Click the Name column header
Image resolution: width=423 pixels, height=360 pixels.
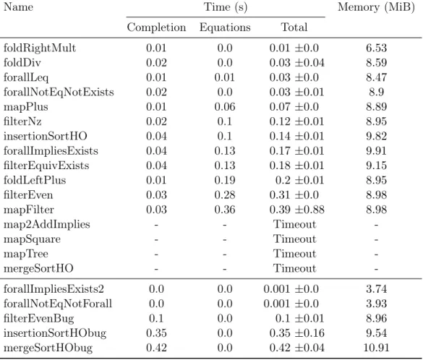coord(18,7)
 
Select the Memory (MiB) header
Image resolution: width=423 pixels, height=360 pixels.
coord(376,7)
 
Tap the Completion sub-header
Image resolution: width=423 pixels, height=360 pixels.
coord(156,27)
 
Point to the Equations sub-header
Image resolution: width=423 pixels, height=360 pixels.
coord(225,27)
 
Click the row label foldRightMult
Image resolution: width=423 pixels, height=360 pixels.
coord(40,48)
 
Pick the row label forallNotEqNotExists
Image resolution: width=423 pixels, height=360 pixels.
coord(59,93)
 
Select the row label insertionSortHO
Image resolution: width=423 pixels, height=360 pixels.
coord(46,136)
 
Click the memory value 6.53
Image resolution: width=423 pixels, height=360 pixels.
coord(376,48)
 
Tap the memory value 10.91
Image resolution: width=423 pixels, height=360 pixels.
coord(376,348)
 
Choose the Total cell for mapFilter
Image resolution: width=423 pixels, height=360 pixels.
coord(296,210)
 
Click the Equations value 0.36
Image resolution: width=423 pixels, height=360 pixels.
coord(225,210)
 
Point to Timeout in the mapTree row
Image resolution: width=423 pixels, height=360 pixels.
coord(294,254)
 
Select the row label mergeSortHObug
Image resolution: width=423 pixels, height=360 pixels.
coord(48,348)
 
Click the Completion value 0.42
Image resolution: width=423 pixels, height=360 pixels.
coord(156,348)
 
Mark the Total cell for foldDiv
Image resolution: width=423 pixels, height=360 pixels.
coord(296,63)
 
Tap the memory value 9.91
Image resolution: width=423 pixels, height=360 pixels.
coord(376,151)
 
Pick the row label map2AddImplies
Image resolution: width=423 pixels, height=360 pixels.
coord(47,225)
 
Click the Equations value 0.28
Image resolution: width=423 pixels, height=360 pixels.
coord(225,195)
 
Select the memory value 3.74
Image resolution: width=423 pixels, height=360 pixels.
coord(376,289)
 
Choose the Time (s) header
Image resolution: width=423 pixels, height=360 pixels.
coord(226,7)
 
